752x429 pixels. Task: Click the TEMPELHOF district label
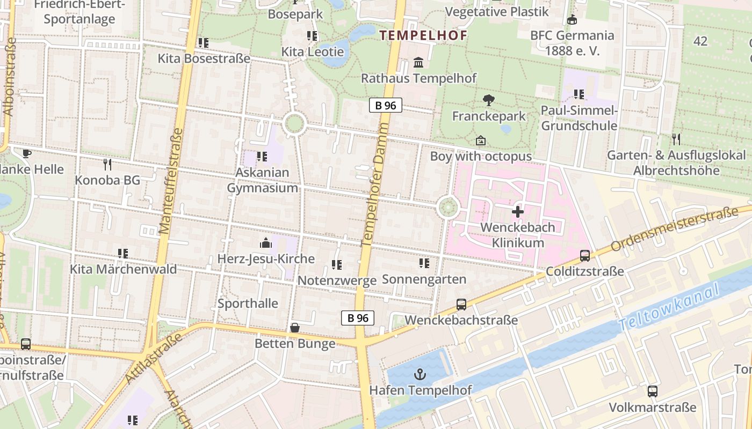click(423, 35)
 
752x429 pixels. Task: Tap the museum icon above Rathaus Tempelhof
click(418, 63)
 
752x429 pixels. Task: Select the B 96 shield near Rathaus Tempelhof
click(386, 106)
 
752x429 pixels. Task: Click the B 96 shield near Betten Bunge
click(358, 318)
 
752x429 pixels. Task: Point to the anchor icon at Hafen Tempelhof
click(420, 374)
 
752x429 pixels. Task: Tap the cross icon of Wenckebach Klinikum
click(517, 212)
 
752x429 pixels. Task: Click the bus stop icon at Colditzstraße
click(585, 256)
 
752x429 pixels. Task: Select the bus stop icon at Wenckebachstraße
click(461, 305)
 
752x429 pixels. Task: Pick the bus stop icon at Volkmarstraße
click(652, 391)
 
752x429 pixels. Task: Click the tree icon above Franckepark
click(488, 100)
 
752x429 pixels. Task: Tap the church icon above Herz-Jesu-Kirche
click(265, 243)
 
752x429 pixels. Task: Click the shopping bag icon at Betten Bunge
click(294, 328)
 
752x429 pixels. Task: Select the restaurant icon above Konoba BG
click(107, 165)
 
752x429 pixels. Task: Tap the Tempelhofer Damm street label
click(375, 184)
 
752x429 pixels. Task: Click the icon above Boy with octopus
click(480, 140)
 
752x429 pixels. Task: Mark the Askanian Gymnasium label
click(262, 180)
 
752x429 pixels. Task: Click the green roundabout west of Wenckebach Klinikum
click(447, 207)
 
